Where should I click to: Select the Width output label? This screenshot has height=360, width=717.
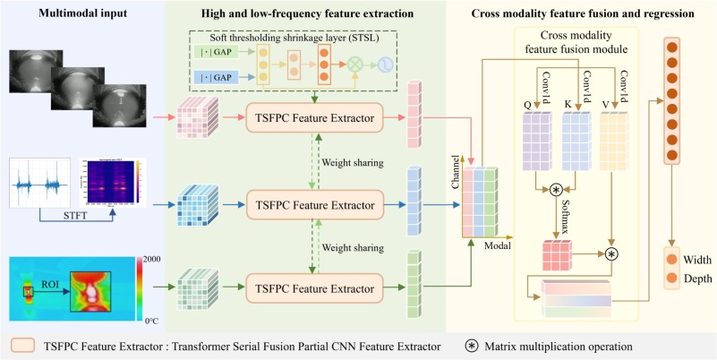pos(697,259)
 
